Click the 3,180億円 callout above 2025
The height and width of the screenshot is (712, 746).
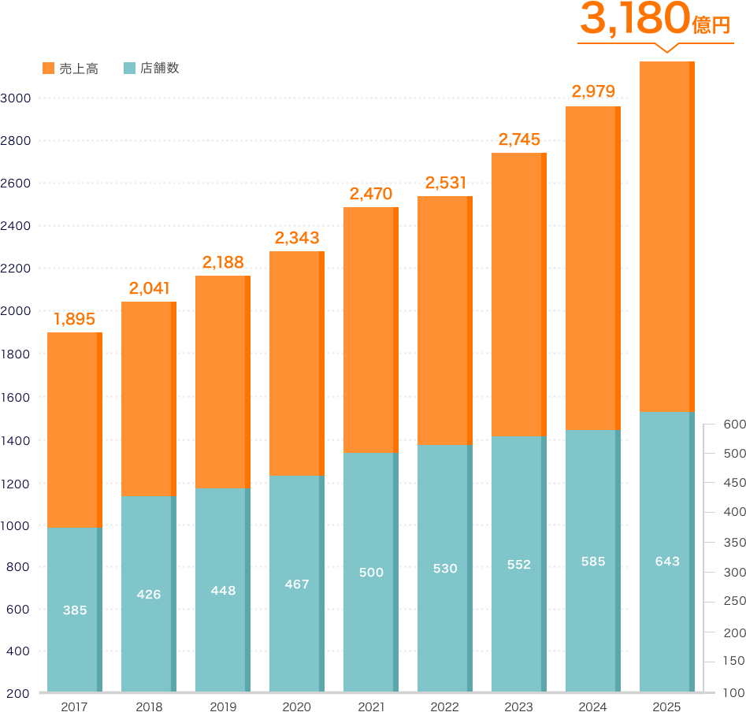click(x=655, y=23)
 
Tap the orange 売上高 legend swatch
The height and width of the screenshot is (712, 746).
click(x=48, y=69)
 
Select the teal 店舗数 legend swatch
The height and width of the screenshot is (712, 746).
click(x=130, y=69)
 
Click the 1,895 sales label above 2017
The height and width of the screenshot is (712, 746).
click(x=74, y=319)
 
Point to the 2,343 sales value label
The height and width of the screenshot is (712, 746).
click(x=296, y=237)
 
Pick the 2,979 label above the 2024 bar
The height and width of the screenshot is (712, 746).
click(x=592, y=92)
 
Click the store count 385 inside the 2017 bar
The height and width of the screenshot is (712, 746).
click(x=75, y=610)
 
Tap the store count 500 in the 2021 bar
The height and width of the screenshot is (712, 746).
click(x=371, y=573)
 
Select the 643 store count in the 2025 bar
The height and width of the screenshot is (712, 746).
click(x=667, y=562)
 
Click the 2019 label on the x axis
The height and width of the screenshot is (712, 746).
click(x=223, y=706)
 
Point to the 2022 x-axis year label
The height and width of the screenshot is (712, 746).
click(x=445, y=706)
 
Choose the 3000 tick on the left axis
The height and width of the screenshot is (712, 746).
click(x=16, y=98)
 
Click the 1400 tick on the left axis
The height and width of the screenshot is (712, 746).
click(x=16, y=440)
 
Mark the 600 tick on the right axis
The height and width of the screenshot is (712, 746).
click(x=733, y=425)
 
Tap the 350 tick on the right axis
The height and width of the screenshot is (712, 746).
click(x=733, y=543)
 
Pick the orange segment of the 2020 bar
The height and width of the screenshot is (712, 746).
click(x=295, y=362)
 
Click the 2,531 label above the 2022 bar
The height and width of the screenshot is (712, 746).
click(x=445, y=183)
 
